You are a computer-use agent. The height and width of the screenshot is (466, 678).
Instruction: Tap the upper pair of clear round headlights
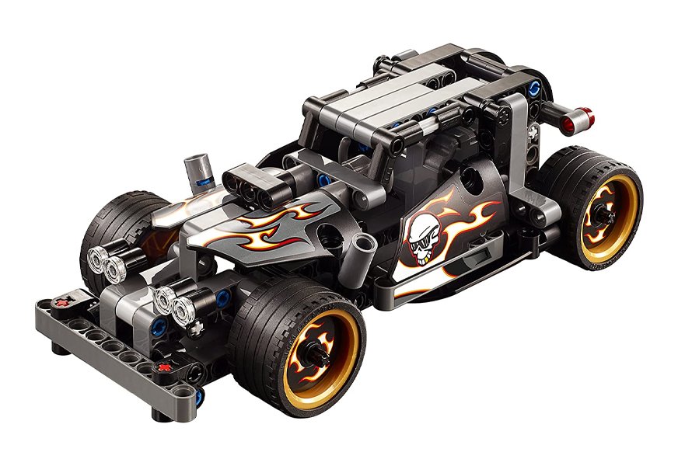[110, 264]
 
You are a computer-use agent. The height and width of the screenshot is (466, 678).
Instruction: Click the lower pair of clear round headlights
[175, 304]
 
